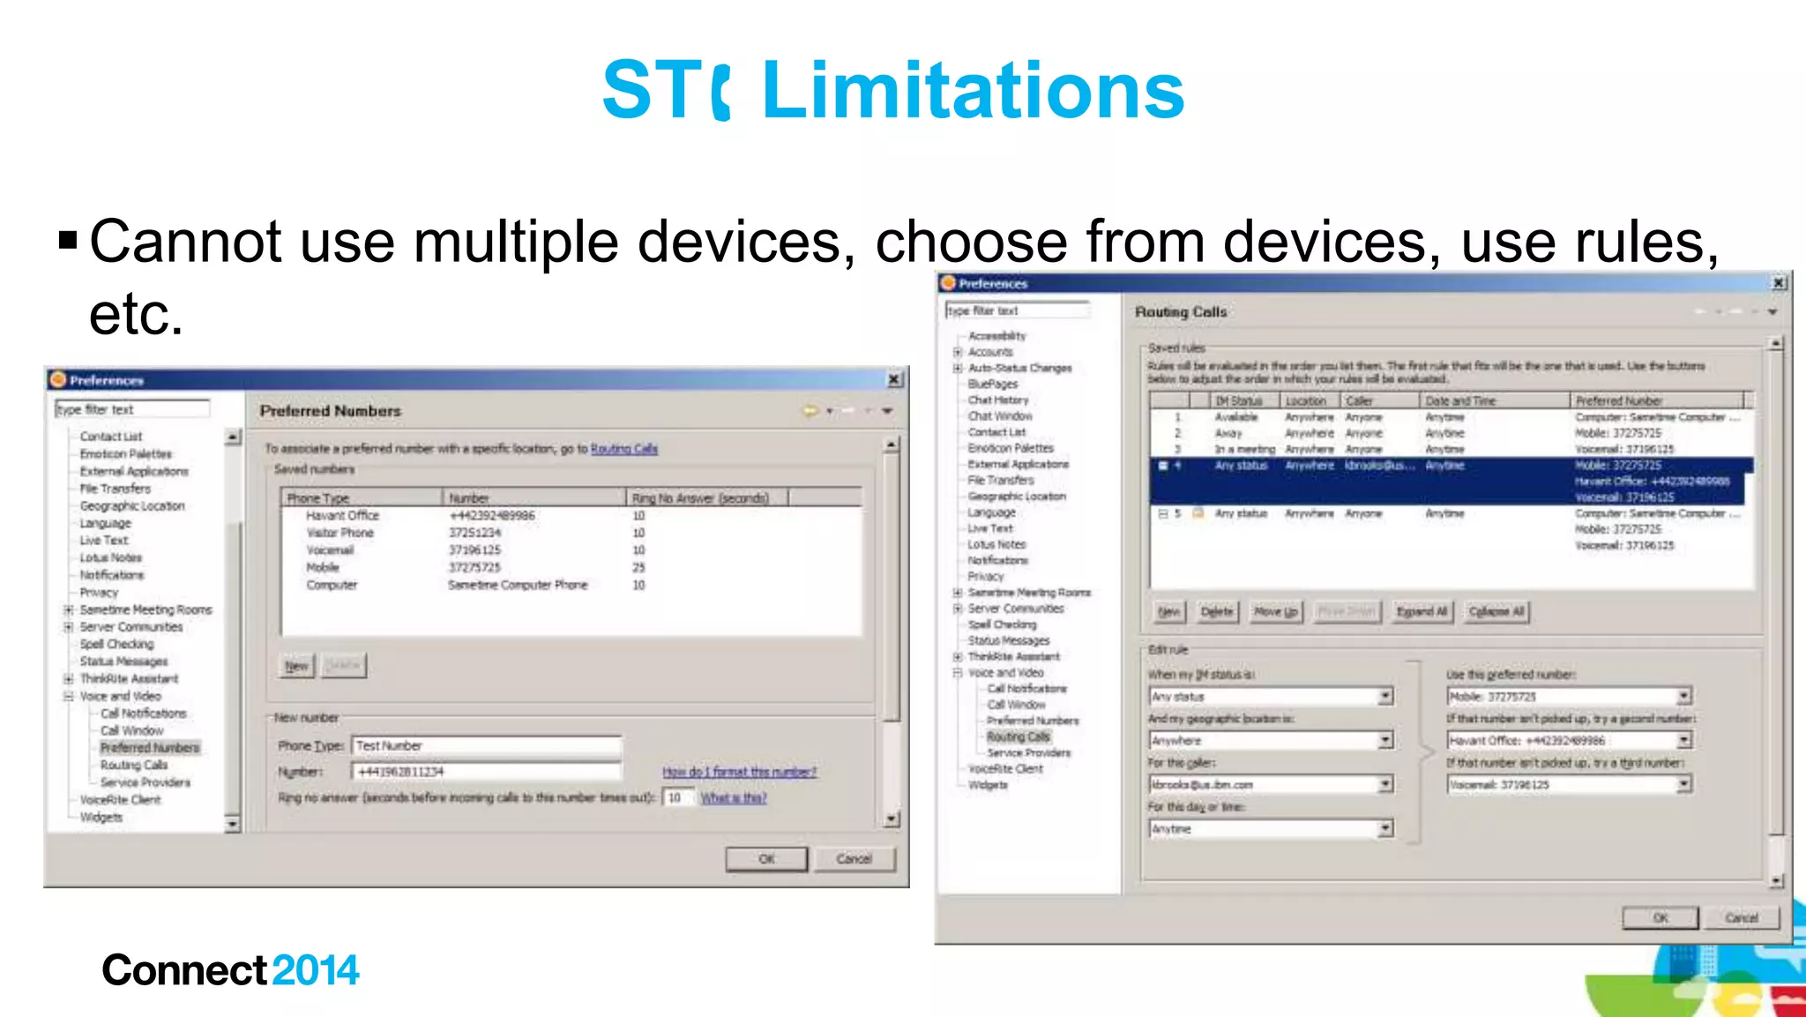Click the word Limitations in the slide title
click(x=972, y=90)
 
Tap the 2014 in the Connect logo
click(x=315, y=970)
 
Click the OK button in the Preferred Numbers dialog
click(x=765, y=858)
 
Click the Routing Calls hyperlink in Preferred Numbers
click(x=623, y=449)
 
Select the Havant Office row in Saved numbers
click(x=342, y=515)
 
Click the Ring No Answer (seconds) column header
click(x=700, y=498)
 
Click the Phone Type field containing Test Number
click(x=486, y=746)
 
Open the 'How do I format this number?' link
click(x=739, y=772)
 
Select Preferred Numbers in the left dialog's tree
click(x=150, y=748)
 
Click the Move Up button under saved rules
click(x=1275, y=611)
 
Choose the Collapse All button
click(x=1496, y=611)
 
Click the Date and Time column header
click(x=1460, y=400)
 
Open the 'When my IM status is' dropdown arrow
click(x=1385, y=697)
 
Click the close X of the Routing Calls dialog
click(x=1779, y=283)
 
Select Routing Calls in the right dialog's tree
click(x=1019, y=737)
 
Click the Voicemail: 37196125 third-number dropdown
click(x=1569, y=784)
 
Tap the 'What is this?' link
click(x=734, y=798)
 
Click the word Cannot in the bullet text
click(x=185, y=242)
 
